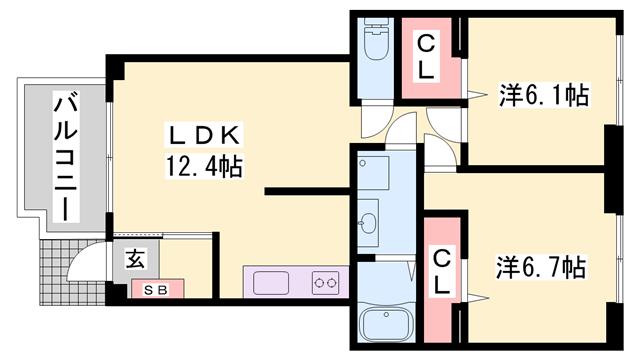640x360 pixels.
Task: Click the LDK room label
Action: [204, 136]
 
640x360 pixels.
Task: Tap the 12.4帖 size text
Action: [204, 166]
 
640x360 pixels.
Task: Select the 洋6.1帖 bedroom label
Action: [544, 95]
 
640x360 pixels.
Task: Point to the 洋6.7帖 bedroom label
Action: [541, 268]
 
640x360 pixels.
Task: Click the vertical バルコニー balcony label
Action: [66, 156]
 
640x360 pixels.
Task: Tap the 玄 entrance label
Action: [135, 259]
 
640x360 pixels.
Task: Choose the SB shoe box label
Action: [157, 290]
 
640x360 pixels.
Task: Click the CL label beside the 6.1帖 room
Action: [426, 57]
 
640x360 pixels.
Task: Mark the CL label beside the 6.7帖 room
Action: [441, 272]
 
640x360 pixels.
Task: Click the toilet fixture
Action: [377, 40]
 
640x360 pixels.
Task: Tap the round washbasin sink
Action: [368, 223]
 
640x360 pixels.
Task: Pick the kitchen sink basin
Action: [271, 283]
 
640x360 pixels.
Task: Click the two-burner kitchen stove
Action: [325, 282]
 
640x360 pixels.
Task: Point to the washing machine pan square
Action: [373, 173]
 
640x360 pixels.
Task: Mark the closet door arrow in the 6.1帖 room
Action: [477, 94]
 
